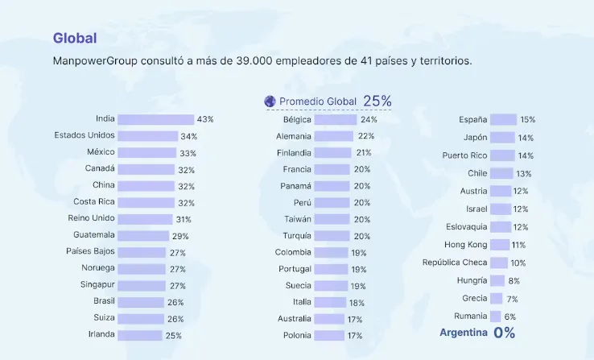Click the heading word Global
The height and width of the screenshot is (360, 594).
75,38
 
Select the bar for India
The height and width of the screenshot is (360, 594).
155,119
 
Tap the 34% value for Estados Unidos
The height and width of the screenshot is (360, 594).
189,136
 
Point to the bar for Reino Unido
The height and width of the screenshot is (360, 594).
145,219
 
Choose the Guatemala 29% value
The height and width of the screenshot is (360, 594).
180,236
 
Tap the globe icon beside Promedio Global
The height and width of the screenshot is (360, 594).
270,101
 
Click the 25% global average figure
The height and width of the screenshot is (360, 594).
377,101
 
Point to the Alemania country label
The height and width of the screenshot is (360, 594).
294,136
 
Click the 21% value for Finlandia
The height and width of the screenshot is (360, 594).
363,153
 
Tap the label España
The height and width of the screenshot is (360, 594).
472,119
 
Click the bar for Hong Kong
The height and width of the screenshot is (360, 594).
499,245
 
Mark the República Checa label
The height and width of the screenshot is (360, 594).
455,263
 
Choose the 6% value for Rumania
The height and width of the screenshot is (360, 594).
510,317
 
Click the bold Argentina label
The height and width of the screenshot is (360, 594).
463,333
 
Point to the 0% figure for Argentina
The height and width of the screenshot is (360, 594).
504,333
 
